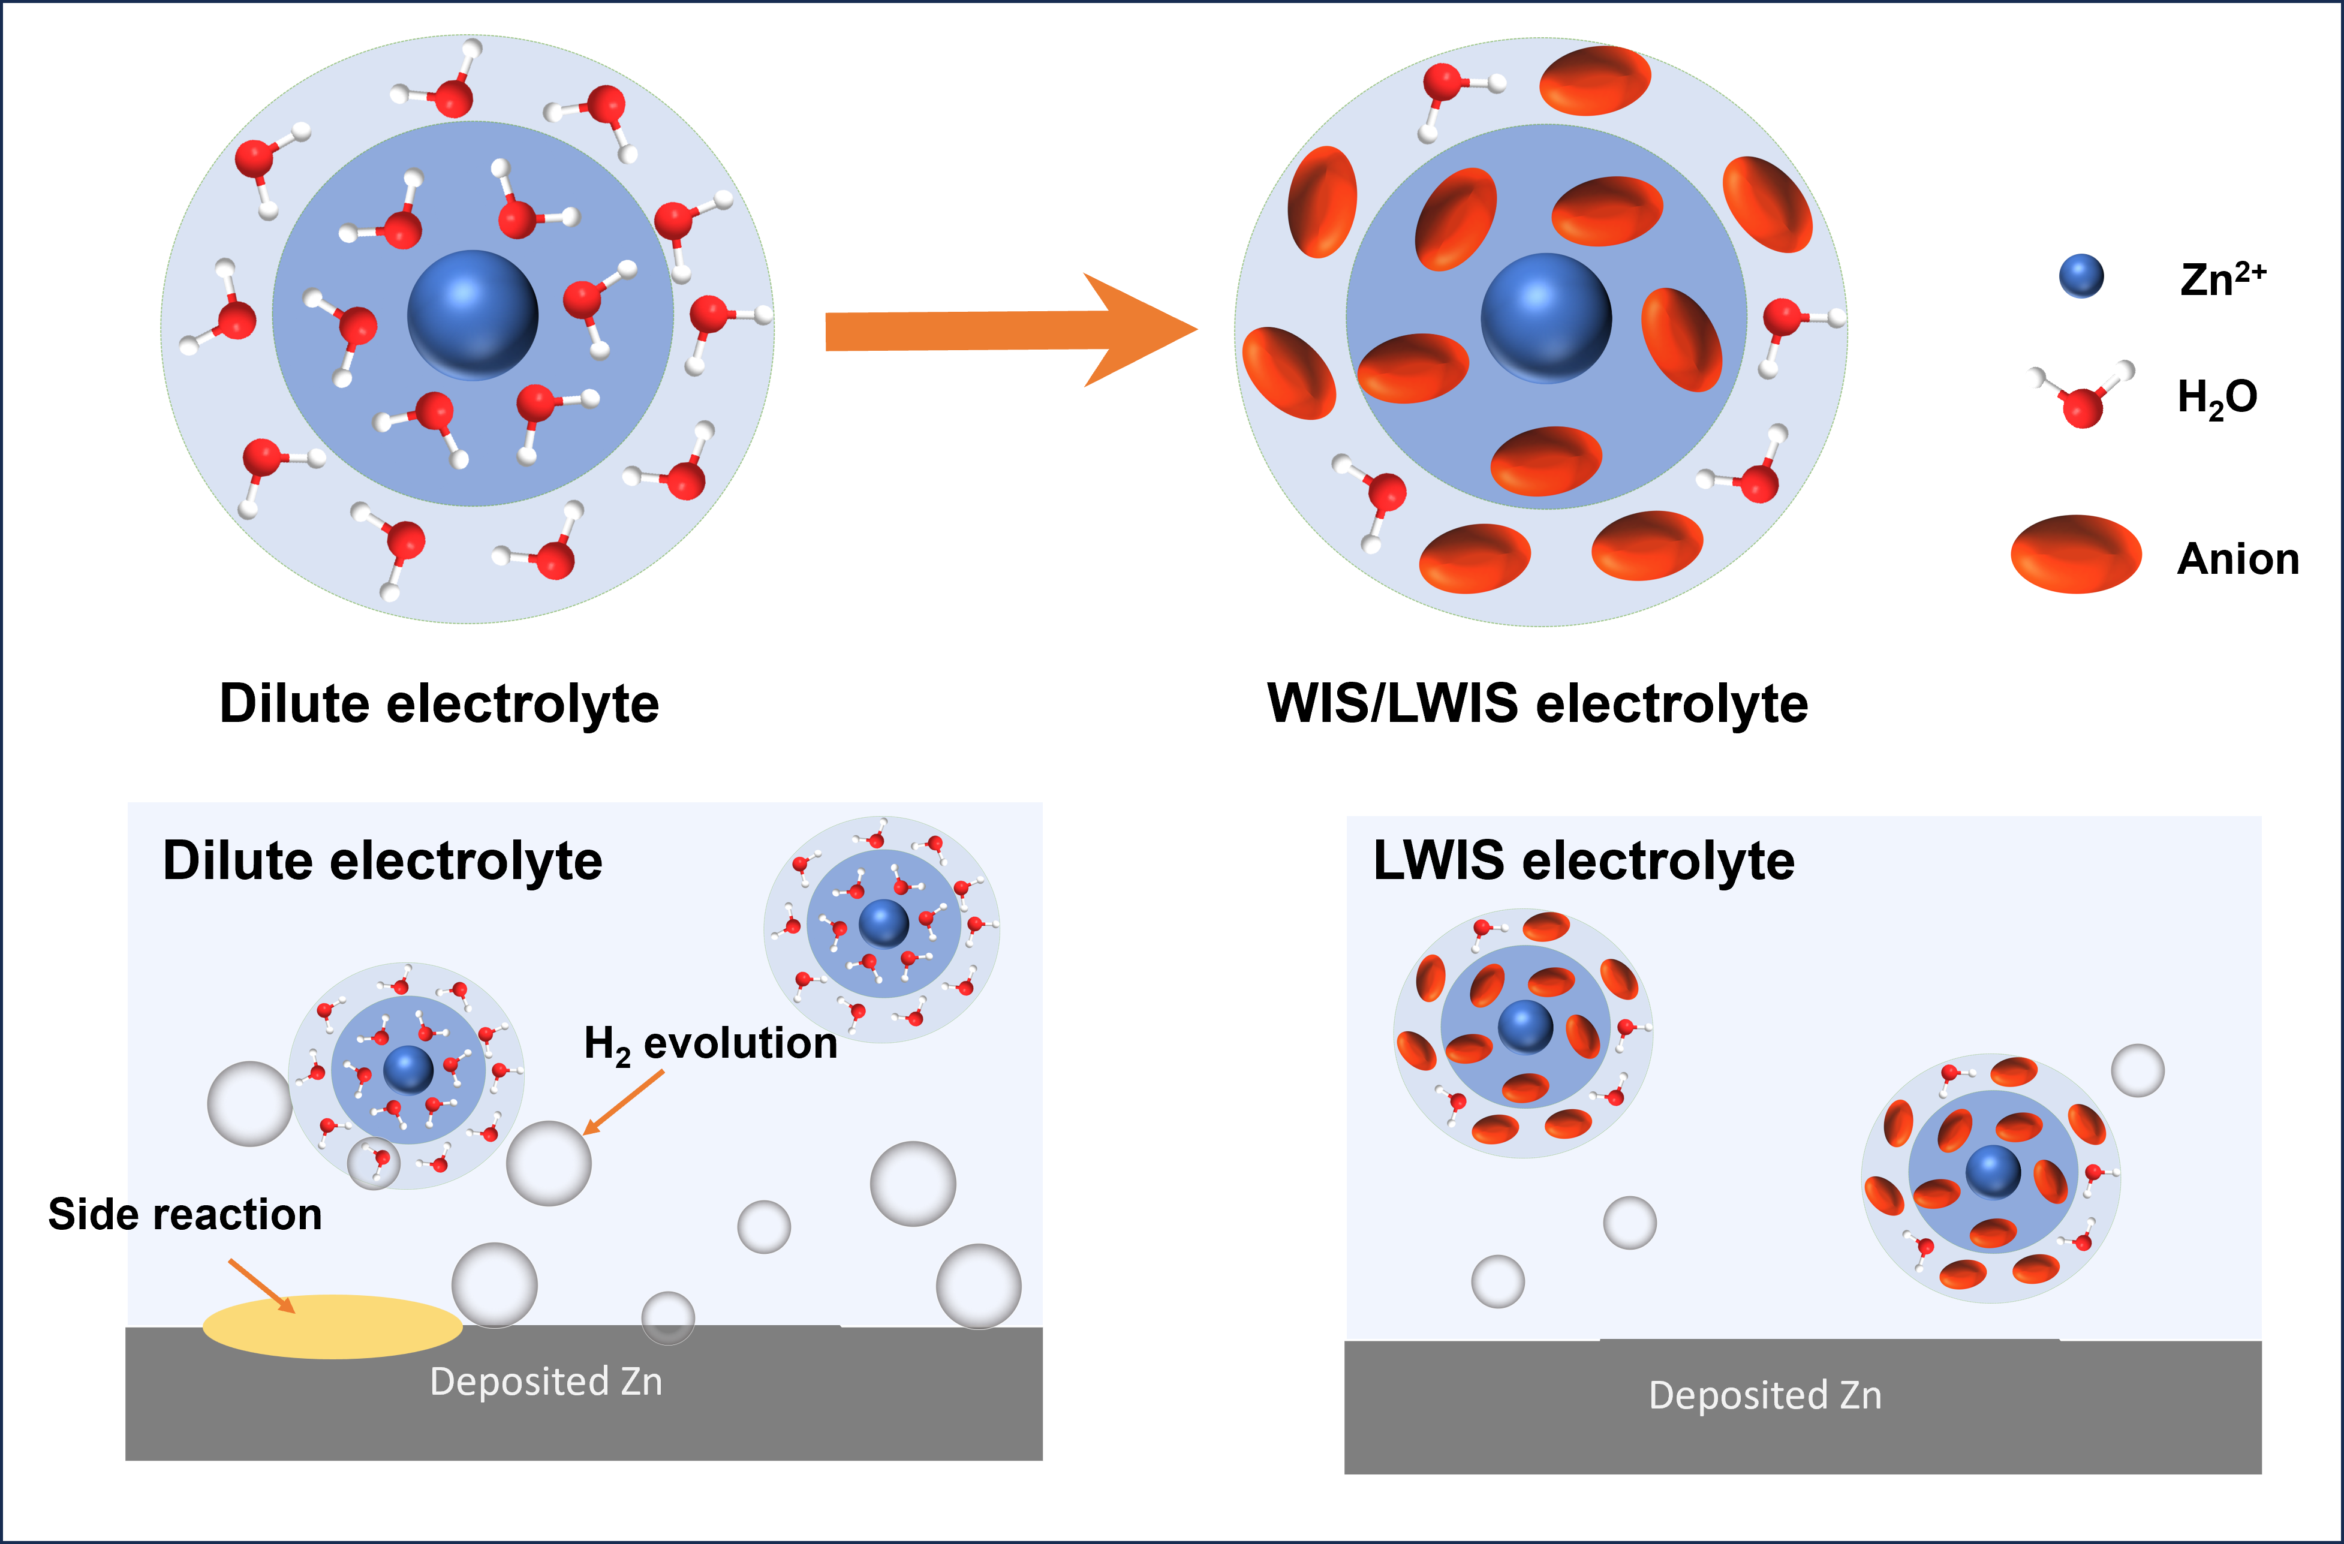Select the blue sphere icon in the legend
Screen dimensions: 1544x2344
click(2081, 276)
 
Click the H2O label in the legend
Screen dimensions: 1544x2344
click(2216, 397)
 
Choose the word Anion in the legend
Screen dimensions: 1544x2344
click(2238, 558)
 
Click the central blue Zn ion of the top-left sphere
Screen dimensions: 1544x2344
click(473, 315)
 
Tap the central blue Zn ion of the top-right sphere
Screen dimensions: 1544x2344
click(1546, 317)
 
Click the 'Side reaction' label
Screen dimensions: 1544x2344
click(185, 1214)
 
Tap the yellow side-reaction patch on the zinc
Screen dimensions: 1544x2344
click(332, 1326)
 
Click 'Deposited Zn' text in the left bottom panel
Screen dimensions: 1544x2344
click(547, 1382)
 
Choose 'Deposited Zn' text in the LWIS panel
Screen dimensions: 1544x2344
click(1765, 1395)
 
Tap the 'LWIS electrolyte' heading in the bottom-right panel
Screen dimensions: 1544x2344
click(1584, 860)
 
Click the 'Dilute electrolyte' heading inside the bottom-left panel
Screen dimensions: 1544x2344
click(382, 860)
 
